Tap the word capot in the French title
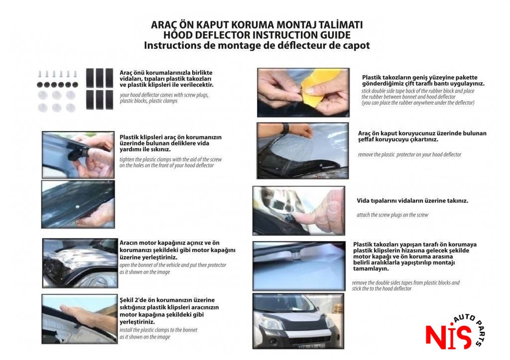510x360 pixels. pyautogui.click(x=356, y=45)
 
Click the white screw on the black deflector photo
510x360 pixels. pyautogui.click(x=77, y=207)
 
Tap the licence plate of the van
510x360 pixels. pyautogui.click(x=311, y=347)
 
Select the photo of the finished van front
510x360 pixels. pyautogui.click(x=298, y=321)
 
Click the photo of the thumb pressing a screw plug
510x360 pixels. pyautogui.click(x=299, y=211)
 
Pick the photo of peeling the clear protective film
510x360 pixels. pyautogui.click(x=302, y=150)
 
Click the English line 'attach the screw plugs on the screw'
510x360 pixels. pyautogui.click(x=392, y=215)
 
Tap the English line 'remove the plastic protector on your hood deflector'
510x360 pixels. pyautogui.click(x=409, y=154)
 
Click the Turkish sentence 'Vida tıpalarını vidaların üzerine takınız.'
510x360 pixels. pyautogui.click(x=412, y=201)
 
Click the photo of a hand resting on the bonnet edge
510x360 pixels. pyautogui.click(x=79, y=319)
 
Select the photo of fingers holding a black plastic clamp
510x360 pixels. pyautogui.click(x=78, y=155)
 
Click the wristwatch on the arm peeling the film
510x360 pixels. pyautogui.click(x=285, y=128)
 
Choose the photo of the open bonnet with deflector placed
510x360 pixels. pyautogui.click(x=80, y=263)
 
